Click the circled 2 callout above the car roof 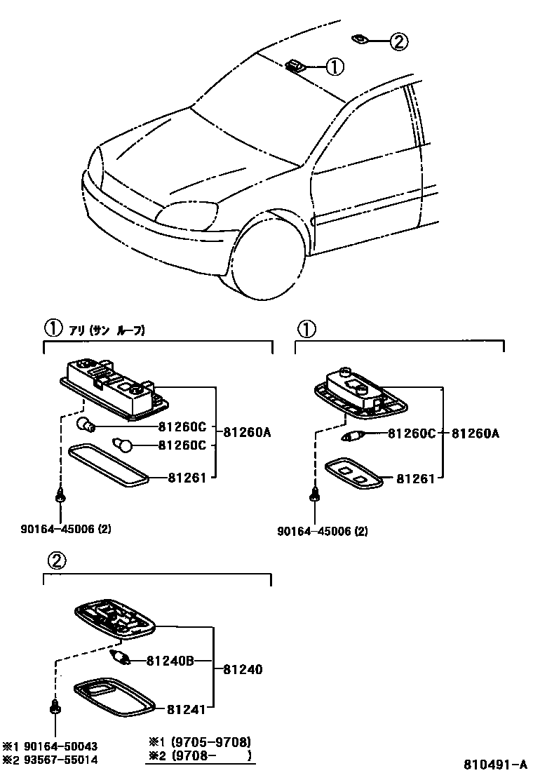pos(398,42)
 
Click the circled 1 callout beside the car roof pos(335,67)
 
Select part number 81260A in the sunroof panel pos(247,433)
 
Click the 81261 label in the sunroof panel pos(187,478)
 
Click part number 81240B pos(169,660)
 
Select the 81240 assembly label pos(243,670)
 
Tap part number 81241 pos(187,709)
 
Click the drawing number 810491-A pos(494,764)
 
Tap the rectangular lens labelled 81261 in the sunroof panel pos(109,465)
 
